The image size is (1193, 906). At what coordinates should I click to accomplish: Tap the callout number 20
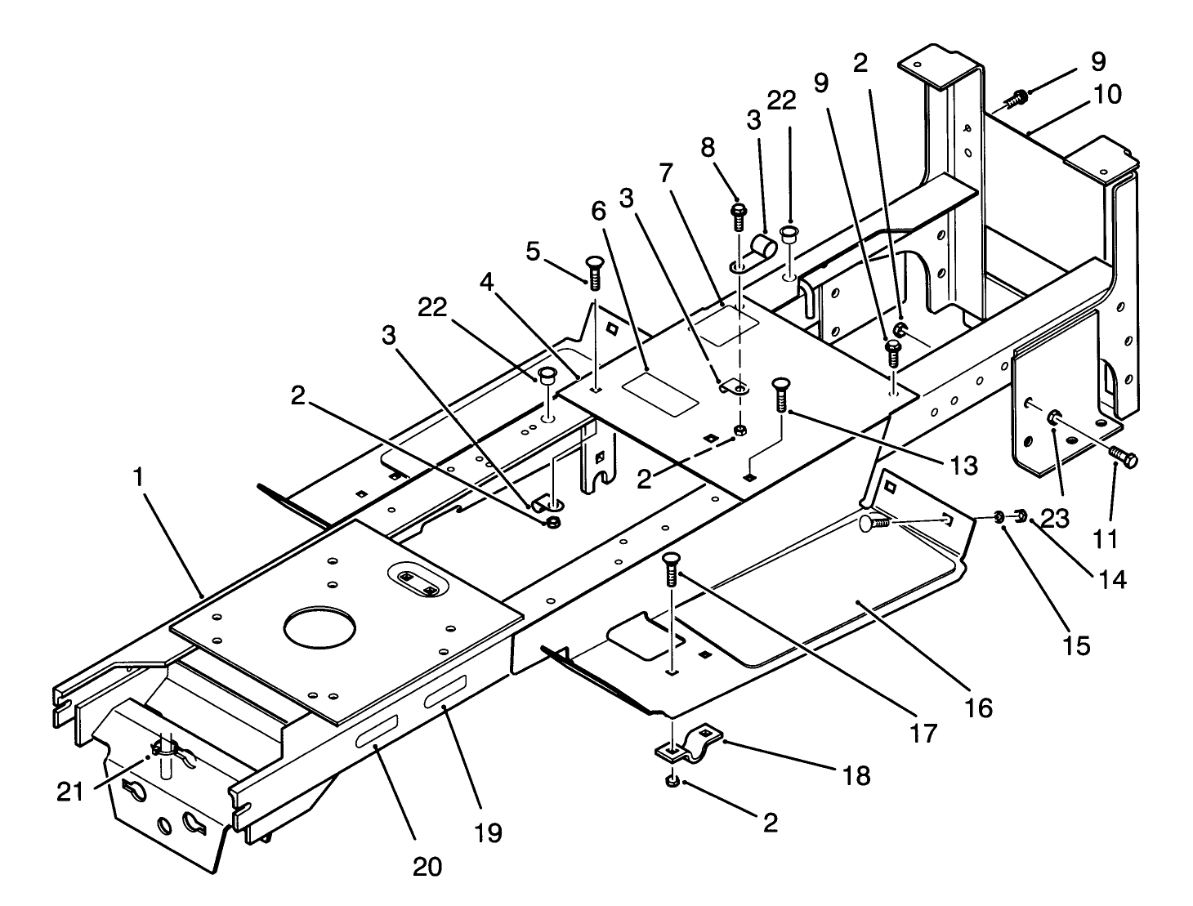point(427,865)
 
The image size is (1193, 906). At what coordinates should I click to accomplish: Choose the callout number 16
point(978,707)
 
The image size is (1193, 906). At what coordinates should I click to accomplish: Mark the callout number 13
point(964,465)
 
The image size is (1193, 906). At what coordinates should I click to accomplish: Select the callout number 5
point(533,251)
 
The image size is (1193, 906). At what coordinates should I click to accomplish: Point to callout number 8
point(708,147)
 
